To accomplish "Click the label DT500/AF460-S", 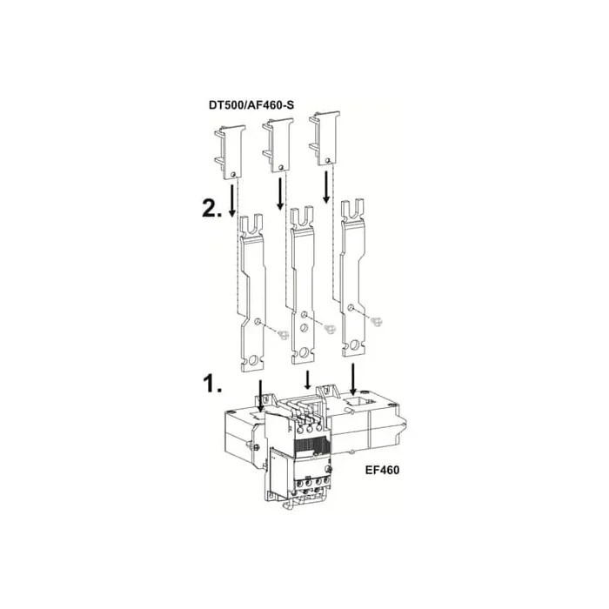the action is pos(251,105).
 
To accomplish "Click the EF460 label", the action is pos(382,471).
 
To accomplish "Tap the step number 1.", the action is pos(212,384).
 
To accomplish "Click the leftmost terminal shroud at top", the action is pos(231,152).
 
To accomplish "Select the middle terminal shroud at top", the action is pos(278,145).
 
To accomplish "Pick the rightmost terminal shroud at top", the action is pos(325,138).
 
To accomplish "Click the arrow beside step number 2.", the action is pos(232,200).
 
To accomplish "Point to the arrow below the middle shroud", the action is pos(279,194).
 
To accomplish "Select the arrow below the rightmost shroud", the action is pos(326,187).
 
